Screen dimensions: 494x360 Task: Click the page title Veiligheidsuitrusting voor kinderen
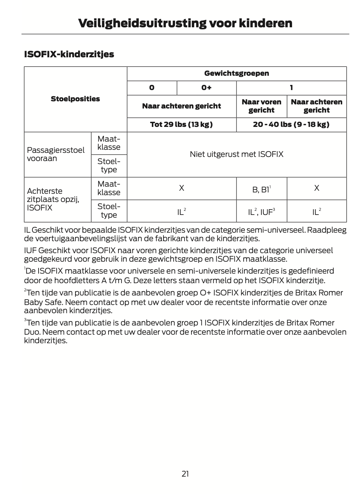(x=185, y=23)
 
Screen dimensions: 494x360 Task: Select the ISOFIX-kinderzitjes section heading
(x=69, y=54)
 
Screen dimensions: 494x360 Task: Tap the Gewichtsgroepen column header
(x=236, y=73)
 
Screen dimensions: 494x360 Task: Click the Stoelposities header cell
(x=75, y=99)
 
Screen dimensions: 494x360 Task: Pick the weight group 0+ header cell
(x=206, y=88)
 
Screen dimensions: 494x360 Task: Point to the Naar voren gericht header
(x=261, y=106)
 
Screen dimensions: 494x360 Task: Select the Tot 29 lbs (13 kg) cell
(x=181, y=125)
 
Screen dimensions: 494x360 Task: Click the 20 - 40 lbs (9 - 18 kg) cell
(x=291, y=125)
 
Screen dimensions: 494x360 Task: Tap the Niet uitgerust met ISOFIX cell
(x=236, y=154)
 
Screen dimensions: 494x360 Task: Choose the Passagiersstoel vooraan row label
(x=56, y=154)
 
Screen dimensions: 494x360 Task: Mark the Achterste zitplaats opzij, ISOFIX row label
(x=53, y=199)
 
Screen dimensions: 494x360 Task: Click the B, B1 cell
(x=261, y=188)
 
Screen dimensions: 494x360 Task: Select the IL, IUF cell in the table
(x=261, y=212)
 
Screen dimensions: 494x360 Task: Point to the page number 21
(x=185, y=474)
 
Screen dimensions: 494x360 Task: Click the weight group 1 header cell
(x=291, y=88)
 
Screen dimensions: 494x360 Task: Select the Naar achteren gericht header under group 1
(x=316, y=106)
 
